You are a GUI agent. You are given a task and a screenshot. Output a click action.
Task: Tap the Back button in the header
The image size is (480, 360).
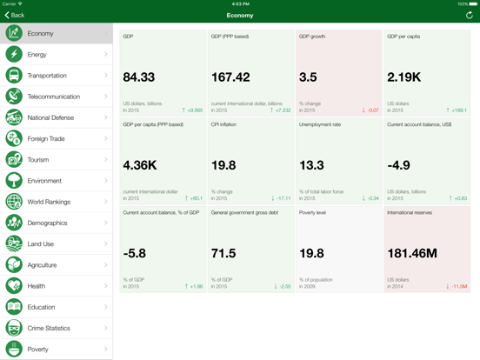(15, 15)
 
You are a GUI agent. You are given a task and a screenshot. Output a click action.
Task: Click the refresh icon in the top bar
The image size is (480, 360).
(470, 15)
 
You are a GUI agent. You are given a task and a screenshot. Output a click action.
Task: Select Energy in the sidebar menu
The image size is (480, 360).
(37, 55)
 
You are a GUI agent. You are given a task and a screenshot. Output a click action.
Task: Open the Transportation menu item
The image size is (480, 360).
(48, 76)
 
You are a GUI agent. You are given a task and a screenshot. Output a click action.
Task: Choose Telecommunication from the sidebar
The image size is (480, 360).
(54, 97)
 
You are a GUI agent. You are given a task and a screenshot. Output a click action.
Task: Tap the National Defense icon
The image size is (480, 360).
(14, 117)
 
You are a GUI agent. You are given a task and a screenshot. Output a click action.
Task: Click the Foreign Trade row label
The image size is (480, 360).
(45, 138)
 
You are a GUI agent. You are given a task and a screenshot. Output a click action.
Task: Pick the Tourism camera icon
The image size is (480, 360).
(14, 160)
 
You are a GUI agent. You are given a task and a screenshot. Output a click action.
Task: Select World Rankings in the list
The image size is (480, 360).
(49, 202)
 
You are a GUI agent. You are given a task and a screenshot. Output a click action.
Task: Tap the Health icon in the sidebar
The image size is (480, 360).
(14, 286)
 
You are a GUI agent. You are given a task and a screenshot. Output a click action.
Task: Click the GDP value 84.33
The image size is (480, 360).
(139, 78)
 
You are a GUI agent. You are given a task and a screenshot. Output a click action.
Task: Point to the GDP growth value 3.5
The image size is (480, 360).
(308, 78)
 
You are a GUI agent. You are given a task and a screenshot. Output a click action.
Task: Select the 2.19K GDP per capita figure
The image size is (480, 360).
(403, 78)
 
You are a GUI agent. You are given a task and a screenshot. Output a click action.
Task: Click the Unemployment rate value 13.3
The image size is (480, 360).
(311, 165)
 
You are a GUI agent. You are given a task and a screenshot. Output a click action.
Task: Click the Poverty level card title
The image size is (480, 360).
(313, 212)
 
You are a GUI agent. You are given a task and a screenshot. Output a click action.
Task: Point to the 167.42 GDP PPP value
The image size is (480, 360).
(230, 78)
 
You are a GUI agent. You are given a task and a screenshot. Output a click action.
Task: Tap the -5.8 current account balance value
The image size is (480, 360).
(135, 253)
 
